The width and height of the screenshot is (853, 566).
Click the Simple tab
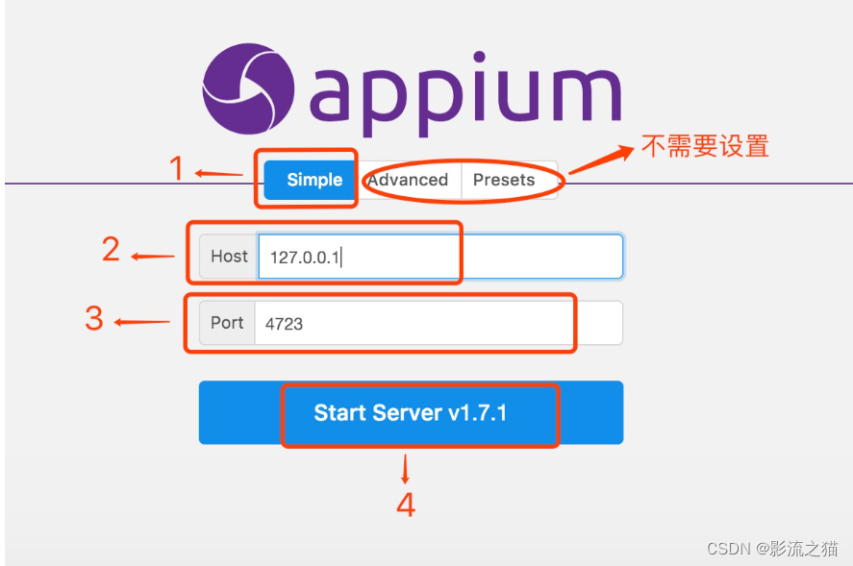pyautogui.click(x=314, y=180)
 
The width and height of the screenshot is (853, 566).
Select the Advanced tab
pyautogui.click(x=408, y=180)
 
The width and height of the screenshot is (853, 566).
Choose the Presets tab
pyautogui.click(x=504, y=180)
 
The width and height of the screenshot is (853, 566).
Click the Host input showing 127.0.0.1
pyautogui.click(x=439, y=257)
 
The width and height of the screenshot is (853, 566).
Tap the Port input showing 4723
pyautogui.click(x=438, y=324)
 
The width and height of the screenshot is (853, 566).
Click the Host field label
pyautogui.click(x=229, y=257)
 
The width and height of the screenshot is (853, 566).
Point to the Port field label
pyautogui.click(x=227, y=323)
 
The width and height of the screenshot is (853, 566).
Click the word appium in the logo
pyautogui.click(x=464, y=91)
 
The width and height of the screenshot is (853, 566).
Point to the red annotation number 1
pyautogui.click(x=176, y=169)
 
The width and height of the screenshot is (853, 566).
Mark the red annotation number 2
pyautogui.click(x=112, y=250)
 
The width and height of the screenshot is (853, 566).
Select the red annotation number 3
pyautogui.click(x=94, y=318)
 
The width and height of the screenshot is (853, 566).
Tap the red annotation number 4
pyautogui.click(x=406, y=504)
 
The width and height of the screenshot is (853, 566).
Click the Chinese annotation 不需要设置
pyautogui.click(x=705, y=146)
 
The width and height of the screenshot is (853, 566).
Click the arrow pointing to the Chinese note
pyautogui.click(x=600, y=160)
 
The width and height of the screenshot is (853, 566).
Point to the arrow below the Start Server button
pyautogui.click(x=405, y=469)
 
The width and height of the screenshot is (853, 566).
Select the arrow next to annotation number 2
pyautogui.click(x=152, y=257)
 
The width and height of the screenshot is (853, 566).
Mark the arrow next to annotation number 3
pyautogui.click(x=141, y=323)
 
